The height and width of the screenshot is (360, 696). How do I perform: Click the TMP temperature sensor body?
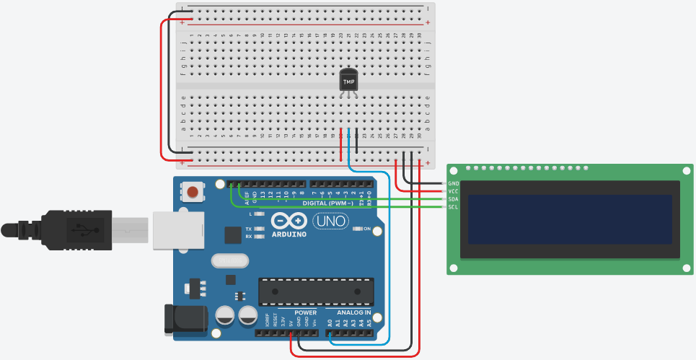(x=348, y=82)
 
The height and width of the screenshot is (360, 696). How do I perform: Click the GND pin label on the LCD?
(x=453, y=183)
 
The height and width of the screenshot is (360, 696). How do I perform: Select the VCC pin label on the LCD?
(x=453, y=191)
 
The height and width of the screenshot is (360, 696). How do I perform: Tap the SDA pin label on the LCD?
(x=453, y=199)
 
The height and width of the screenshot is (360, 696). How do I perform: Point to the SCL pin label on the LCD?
(x=453, y=207)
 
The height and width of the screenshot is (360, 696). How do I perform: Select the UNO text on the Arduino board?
(x=331, y=221)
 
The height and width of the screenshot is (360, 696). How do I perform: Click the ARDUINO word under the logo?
(x=290, y=234)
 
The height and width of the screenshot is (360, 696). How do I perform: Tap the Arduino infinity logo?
(x=290, y=220)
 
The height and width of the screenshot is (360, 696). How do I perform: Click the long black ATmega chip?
(x=317, y=290)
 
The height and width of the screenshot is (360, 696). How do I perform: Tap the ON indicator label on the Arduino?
(x=366, y=229)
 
